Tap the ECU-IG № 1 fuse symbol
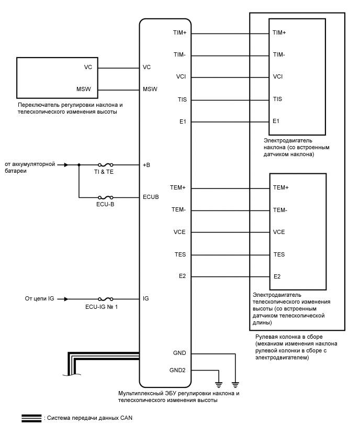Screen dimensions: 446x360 point(102,299)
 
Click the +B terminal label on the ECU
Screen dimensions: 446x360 point(147,165)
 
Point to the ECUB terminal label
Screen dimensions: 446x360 point(151,197)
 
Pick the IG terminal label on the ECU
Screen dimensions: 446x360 point(146,299)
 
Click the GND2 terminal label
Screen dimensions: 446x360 point(178,370)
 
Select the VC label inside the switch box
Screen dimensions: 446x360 point(88,67)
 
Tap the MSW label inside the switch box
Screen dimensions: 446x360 point(84,89)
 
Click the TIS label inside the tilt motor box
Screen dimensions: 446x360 point(277,99)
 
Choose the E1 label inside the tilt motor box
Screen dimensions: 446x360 point(276,121)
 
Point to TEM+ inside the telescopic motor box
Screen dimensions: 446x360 point(281,187)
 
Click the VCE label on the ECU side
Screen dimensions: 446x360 point(179,232)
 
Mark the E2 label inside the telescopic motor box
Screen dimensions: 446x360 point(277,276)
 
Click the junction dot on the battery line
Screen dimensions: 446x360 point(79,164)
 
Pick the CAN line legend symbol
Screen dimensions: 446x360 point(31,418)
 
